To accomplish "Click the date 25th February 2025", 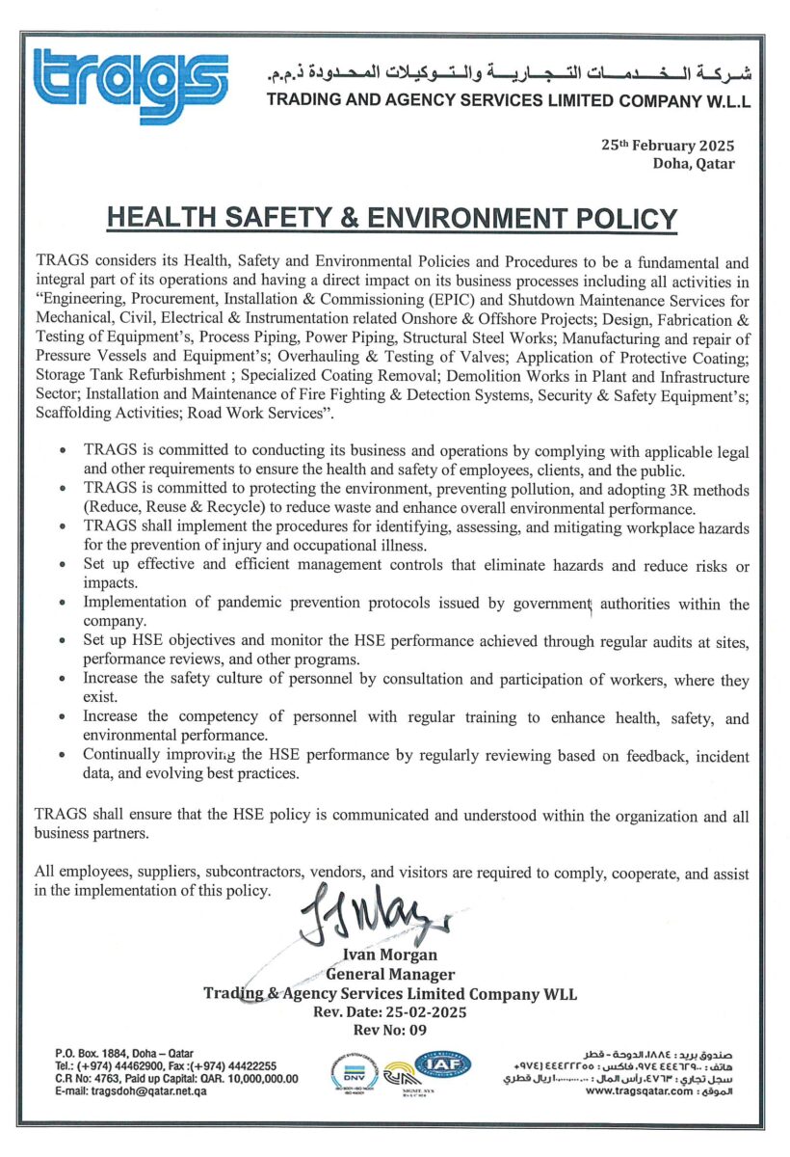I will point(668,146).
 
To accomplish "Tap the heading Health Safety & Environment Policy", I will point(392,218).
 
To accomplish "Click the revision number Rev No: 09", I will point(390,1030).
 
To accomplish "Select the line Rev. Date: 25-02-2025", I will point(390,1012).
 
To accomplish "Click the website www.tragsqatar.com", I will point(638,1092).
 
